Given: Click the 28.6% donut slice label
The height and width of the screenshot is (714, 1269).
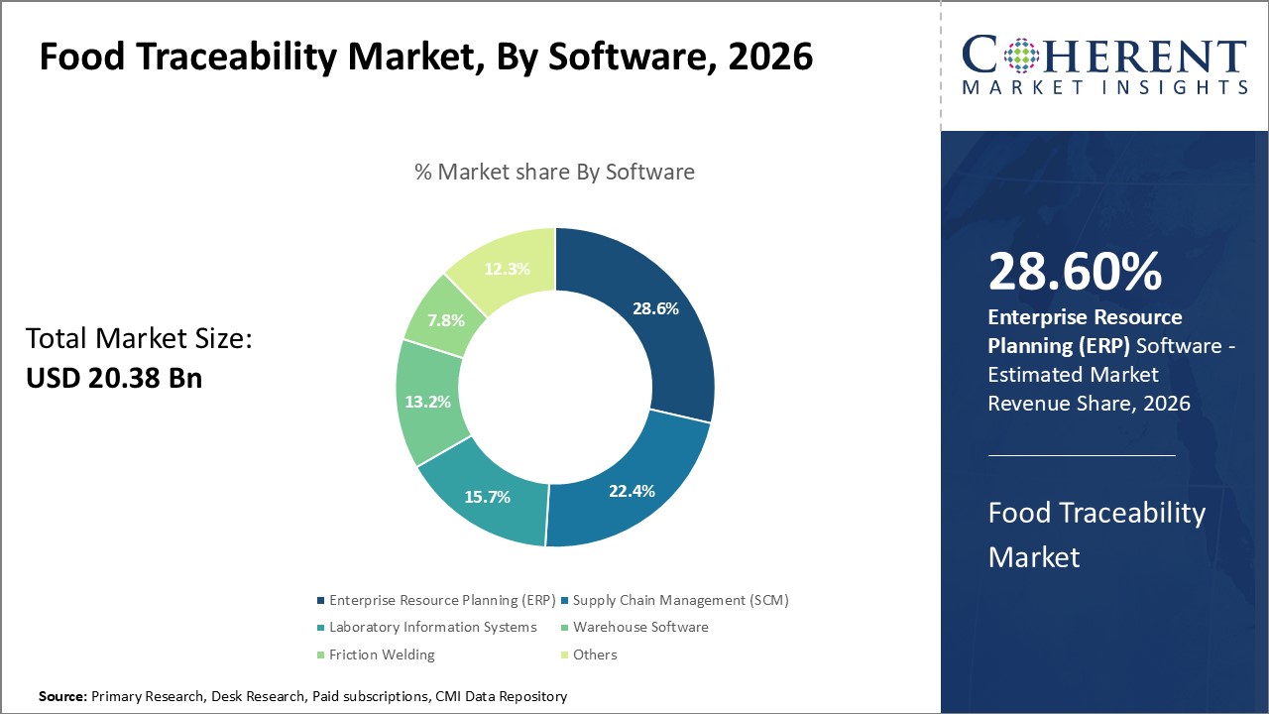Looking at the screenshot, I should [x=655, y=308].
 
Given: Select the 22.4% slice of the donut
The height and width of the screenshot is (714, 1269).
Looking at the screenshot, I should [x=631, y=490].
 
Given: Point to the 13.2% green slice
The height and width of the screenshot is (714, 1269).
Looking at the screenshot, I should [x=428, y=402].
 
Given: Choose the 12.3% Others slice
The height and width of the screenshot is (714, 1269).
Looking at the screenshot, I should [x=507, y=268].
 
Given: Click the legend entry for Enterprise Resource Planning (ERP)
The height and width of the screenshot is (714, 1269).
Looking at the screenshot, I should [x=434, y=600].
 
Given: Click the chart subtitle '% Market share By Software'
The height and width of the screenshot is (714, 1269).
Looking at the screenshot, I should [x=554, y=172].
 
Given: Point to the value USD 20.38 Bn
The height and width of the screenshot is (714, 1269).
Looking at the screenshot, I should [x=114, y=377].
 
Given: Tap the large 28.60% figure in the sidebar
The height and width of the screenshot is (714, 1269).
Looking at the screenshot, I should [x=1075, y=272].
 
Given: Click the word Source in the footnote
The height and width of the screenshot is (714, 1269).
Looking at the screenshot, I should [x=62, y=697].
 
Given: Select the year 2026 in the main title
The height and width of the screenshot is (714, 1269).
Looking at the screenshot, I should [x=769, y=58].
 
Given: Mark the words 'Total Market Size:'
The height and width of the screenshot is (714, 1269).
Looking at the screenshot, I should [x=140, y=339].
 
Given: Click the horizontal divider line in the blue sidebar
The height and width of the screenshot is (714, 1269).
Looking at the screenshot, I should [x=1082, y=456].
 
